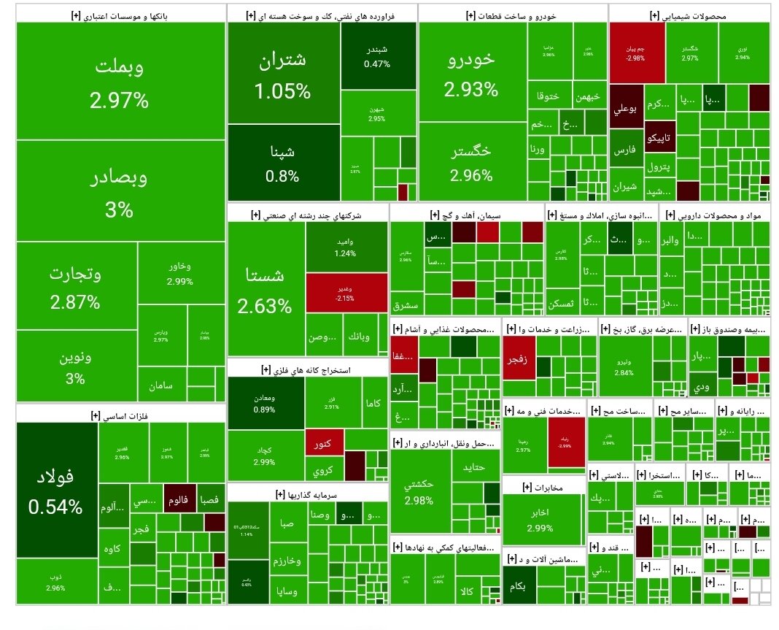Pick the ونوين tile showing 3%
(x=76, y=367)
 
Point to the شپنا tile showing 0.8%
(x=283, y=163)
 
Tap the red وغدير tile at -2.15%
(x=346, y=293)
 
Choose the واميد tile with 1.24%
(x=346, y=247)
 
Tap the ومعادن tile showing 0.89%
(x=265, y=402)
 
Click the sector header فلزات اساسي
(x=120, y=415)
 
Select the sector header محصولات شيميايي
(x=689, y=15)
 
